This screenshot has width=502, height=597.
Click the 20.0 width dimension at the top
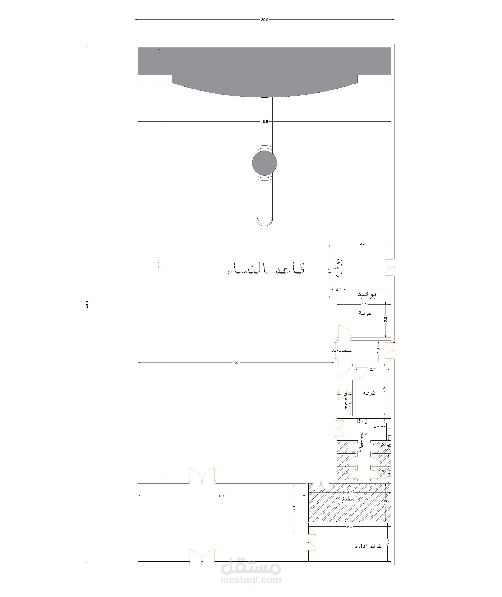(x=264, y=20)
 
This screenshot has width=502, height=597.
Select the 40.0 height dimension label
(x=87, y=304)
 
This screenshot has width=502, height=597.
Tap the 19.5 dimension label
(x=264, y=122)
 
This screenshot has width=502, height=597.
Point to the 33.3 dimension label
(x=159, y=264)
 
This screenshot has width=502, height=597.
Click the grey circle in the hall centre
(x=264, y=163)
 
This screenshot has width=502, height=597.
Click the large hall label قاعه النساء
(x=266, y=268)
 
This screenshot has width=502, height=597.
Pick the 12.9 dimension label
(x=222, y=496)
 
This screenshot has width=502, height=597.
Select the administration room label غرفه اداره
(x=368, y=546)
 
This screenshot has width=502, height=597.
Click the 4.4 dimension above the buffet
(x=363, y=244)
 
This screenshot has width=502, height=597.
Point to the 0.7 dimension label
(x=338, y=290)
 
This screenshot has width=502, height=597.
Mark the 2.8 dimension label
(x=386, y=320)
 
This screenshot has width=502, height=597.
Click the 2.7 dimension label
(x=372, y=369)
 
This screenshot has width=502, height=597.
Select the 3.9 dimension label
(x=294, y=509)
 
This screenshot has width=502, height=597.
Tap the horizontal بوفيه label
(x=367, y=294)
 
